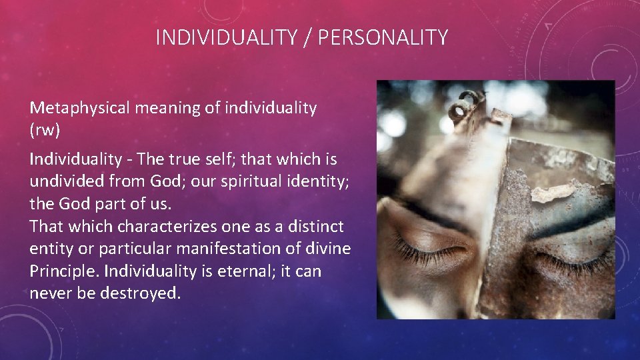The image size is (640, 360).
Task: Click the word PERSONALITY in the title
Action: coord(383,38)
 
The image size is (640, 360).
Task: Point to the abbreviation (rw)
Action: coord(45,130)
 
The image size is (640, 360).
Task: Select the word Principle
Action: coord(61,271)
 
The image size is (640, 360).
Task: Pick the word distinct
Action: coord(317,227)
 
